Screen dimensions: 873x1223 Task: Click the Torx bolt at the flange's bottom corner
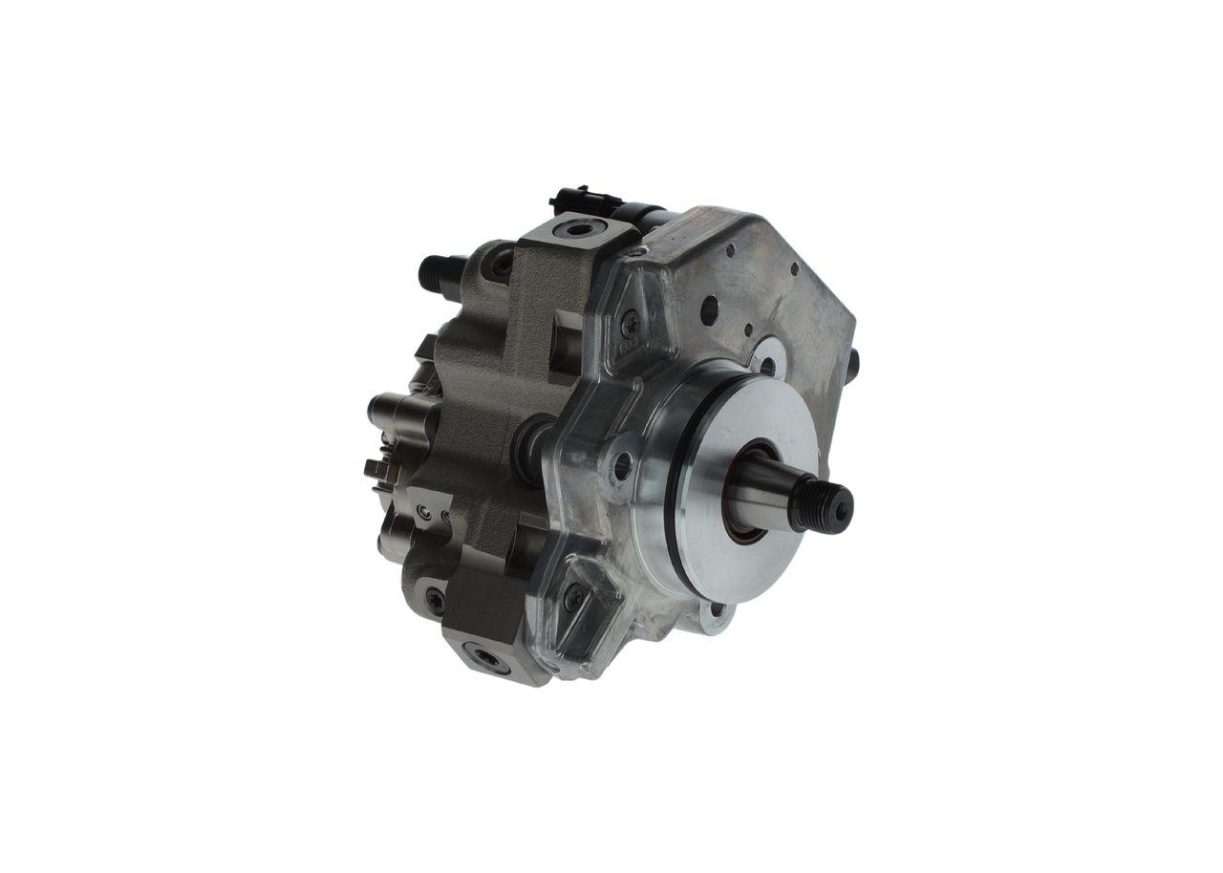[573, 598]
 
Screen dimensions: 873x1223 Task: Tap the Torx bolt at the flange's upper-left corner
[629, 323]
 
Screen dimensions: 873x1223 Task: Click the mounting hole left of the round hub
[621, 467]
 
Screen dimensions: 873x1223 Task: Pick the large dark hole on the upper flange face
[709, 309]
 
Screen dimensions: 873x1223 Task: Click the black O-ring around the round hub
[677, 497]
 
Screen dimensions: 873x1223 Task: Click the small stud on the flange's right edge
[852, 361]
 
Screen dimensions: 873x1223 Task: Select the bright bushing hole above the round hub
[767, 364]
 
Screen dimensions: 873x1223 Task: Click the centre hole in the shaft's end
[841, 511]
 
